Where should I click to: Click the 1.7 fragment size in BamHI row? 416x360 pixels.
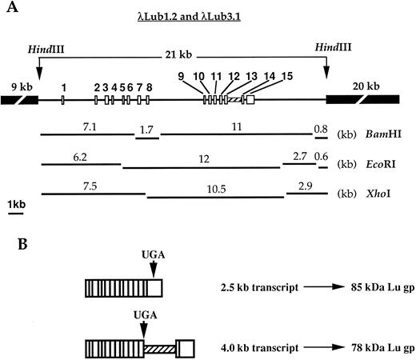146,128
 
